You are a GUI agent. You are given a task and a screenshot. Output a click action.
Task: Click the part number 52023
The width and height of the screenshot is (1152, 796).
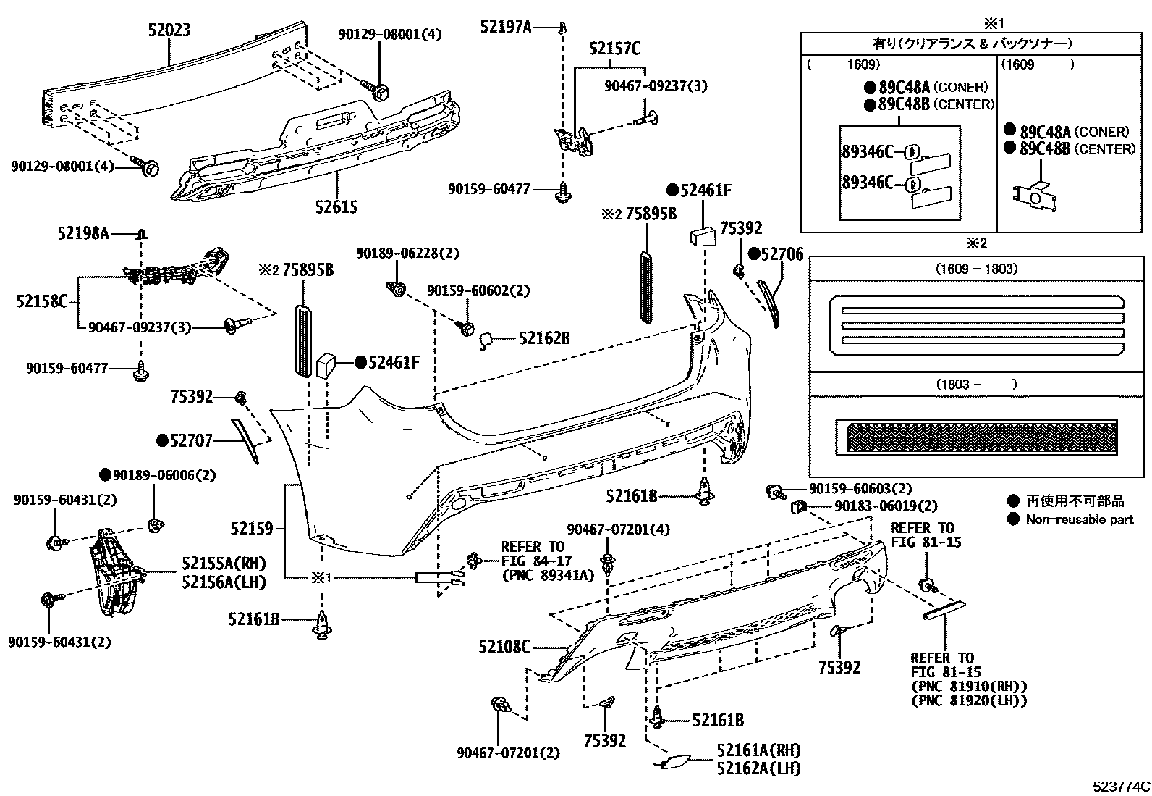169,30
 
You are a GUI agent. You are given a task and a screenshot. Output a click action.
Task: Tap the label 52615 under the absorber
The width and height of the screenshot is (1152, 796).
336,207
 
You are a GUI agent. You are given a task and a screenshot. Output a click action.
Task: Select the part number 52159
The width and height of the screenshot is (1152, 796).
253,529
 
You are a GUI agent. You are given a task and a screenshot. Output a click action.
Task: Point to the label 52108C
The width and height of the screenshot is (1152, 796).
504,646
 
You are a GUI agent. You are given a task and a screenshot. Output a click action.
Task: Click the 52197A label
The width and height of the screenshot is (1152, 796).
506,27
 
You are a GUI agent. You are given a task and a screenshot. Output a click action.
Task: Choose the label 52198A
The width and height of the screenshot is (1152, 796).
83,233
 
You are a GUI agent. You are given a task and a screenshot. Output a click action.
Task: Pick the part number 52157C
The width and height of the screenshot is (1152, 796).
614,49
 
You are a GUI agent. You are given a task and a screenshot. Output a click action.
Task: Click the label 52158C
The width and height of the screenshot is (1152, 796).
42,300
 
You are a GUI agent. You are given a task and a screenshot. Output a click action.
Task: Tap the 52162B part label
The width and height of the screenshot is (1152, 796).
544,338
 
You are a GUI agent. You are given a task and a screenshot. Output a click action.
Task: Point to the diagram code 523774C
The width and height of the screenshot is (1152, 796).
1121,786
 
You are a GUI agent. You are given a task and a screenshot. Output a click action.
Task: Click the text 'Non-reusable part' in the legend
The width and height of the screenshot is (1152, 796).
1079,519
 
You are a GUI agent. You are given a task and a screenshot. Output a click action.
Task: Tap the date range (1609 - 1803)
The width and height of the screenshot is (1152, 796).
975,269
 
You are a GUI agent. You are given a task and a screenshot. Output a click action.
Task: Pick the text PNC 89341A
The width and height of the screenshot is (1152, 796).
548,575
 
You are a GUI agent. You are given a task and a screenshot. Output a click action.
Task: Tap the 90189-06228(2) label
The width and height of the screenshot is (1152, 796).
407,253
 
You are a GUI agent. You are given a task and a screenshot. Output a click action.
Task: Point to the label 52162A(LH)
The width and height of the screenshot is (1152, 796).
759,768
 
